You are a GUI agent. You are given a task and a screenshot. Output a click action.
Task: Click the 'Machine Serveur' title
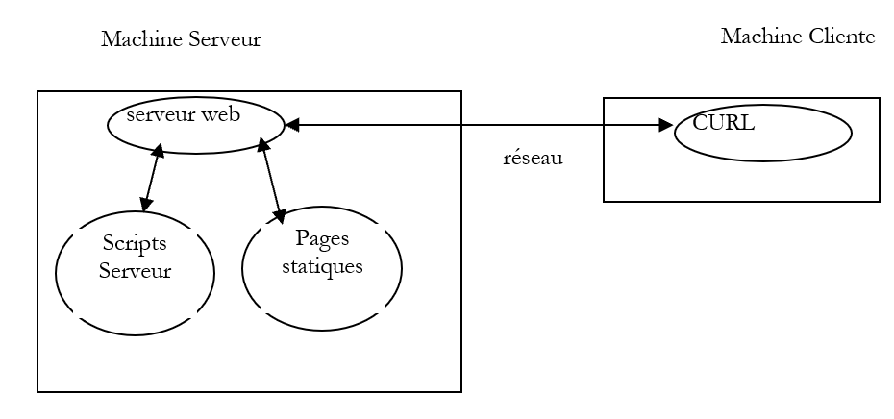(181, 39)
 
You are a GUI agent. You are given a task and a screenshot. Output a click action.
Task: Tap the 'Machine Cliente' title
(798, 37)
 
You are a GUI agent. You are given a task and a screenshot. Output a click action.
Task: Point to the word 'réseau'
(533, 159)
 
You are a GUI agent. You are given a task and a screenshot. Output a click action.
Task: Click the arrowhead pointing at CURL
(665, 125)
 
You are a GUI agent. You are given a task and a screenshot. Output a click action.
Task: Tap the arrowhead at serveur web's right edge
(292, 125)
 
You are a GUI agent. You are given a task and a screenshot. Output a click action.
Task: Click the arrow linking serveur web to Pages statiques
(270, 181)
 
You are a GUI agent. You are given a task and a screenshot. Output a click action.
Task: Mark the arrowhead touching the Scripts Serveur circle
(145, 205)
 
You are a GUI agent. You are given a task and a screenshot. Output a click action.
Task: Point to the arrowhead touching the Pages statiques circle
(281, 217)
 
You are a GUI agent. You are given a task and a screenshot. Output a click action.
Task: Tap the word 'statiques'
(322, 266)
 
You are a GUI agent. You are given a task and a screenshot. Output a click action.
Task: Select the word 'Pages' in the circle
(322, 238)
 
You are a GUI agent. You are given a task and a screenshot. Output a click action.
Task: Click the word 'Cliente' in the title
(841, 37)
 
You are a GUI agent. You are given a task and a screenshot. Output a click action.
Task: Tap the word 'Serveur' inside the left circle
(135, 270)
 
